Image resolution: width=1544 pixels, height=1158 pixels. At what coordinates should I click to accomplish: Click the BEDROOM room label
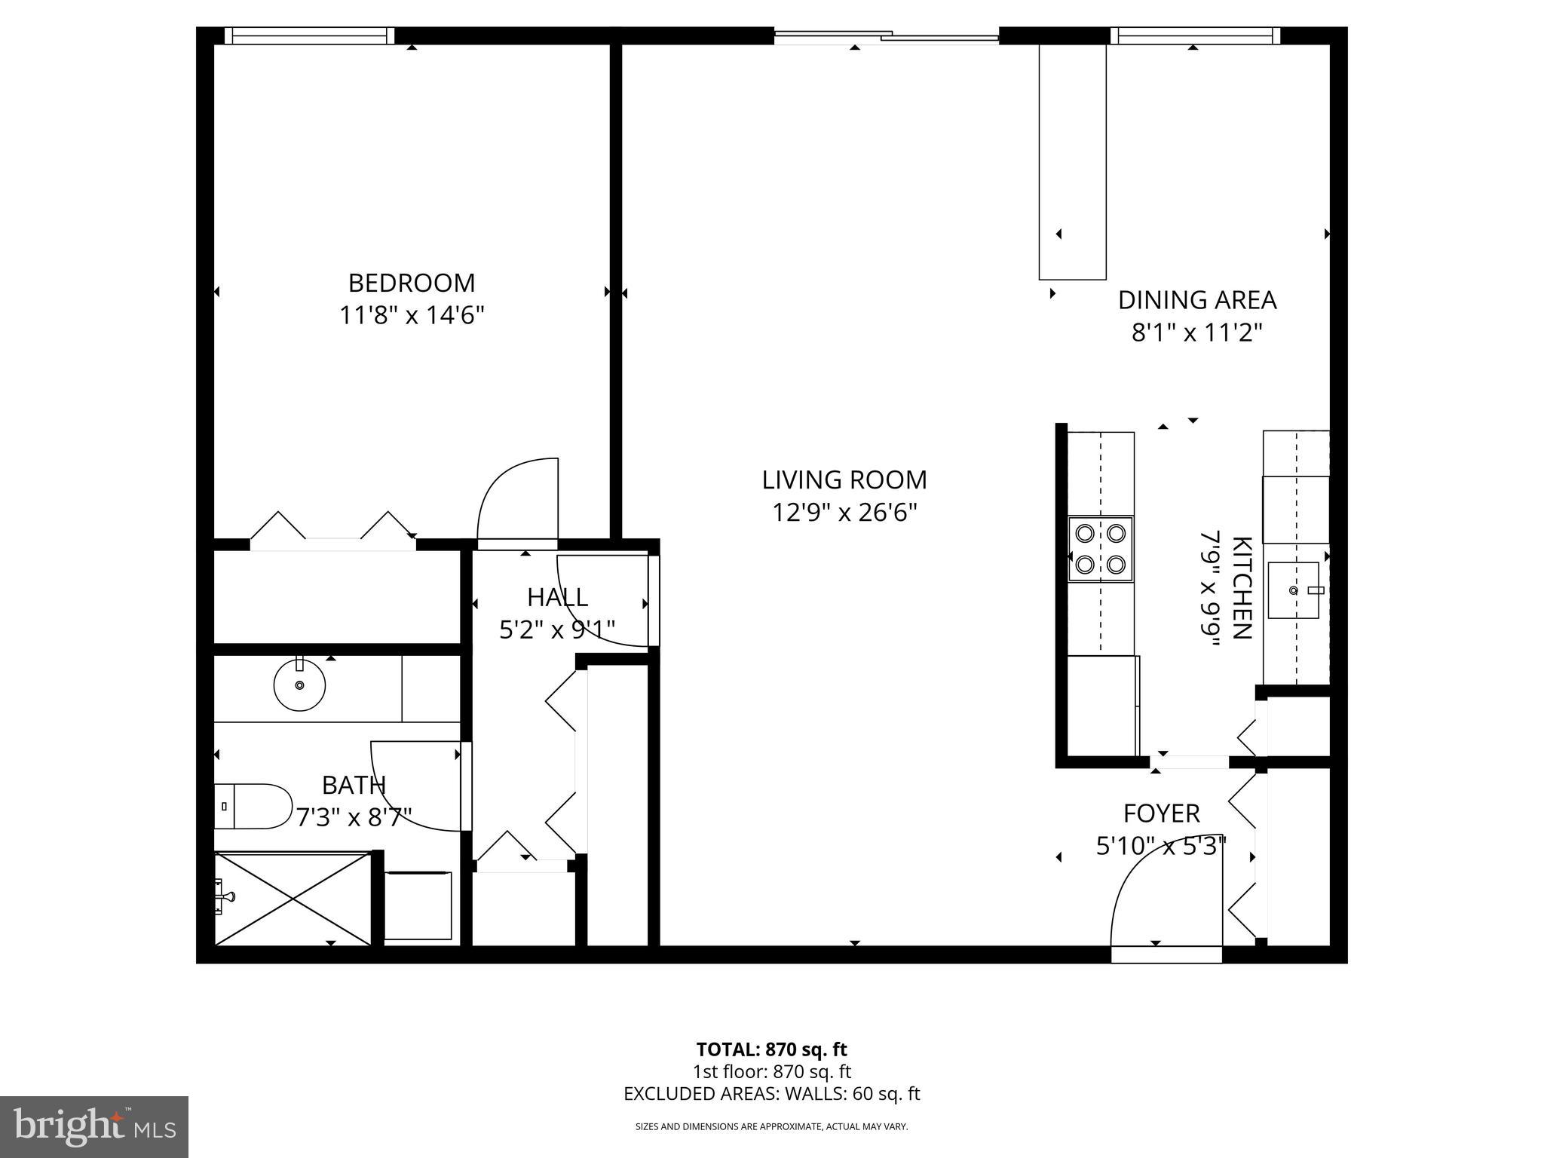point(412,283)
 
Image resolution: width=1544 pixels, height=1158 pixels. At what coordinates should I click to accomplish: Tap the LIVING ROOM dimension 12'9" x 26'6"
point(844,513)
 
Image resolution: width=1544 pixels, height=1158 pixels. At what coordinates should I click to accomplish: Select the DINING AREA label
point(1196,300)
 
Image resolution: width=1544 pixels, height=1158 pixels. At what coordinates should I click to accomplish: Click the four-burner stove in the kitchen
point(1101,549)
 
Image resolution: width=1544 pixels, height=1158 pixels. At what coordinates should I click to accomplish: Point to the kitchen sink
point(1294,590)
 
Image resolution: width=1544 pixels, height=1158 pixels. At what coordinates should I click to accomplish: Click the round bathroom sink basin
point(299,685)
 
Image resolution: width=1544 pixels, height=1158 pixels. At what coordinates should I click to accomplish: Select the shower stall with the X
point(293,898)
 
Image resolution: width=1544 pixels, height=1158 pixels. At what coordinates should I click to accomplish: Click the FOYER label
point(1161,813)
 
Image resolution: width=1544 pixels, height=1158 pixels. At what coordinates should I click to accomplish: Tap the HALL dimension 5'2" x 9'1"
point(557,630)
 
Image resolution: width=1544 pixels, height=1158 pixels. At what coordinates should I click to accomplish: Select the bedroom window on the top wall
point(310,35)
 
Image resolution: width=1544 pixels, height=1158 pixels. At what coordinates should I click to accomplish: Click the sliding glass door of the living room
point(887,35)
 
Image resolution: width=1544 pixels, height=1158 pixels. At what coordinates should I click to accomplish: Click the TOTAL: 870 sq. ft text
point(771,1049)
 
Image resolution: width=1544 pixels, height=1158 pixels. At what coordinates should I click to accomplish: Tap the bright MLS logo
point(93,1127)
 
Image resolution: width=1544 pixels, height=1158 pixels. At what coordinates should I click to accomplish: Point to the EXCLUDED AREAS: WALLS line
point(771,1094)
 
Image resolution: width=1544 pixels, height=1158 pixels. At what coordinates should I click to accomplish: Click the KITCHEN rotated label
point(1241,588)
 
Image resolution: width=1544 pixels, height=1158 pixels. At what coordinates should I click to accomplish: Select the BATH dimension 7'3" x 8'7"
point(354,817)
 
